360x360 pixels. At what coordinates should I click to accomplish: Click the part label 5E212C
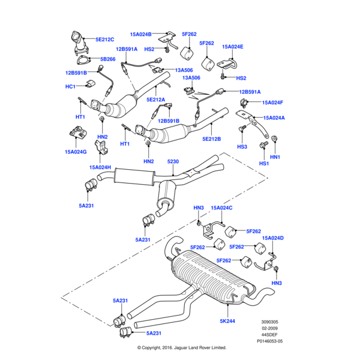[105, 40]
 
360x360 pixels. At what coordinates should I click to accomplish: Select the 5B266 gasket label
[108, 59]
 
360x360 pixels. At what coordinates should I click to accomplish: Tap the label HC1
[71, 87]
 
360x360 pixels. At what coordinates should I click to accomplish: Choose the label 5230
[173, 162]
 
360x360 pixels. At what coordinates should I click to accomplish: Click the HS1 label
[264, 163]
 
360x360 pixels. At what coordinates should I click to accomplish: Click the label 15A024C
[221, 208]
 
